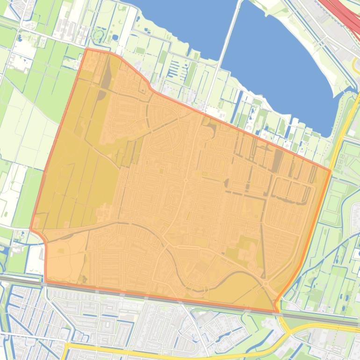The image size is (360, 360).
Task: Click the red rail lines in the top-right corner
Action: tap(346, 14)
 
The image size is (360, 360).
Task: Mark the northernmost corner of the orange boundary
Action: tap(87, 49)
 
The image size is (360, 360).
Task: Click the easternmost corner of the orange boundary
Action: tap(331, 171)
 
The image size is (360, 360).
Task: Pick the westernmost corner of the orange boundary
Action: tap(31, 229)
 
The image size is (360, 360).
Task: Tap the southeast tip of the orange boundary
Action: tap(276, 311)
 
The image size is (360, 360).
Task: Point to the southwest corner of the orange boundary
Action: tap(46, 280)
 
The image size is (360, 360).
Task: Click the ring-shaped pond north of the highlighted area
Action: tap(98, 35)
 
